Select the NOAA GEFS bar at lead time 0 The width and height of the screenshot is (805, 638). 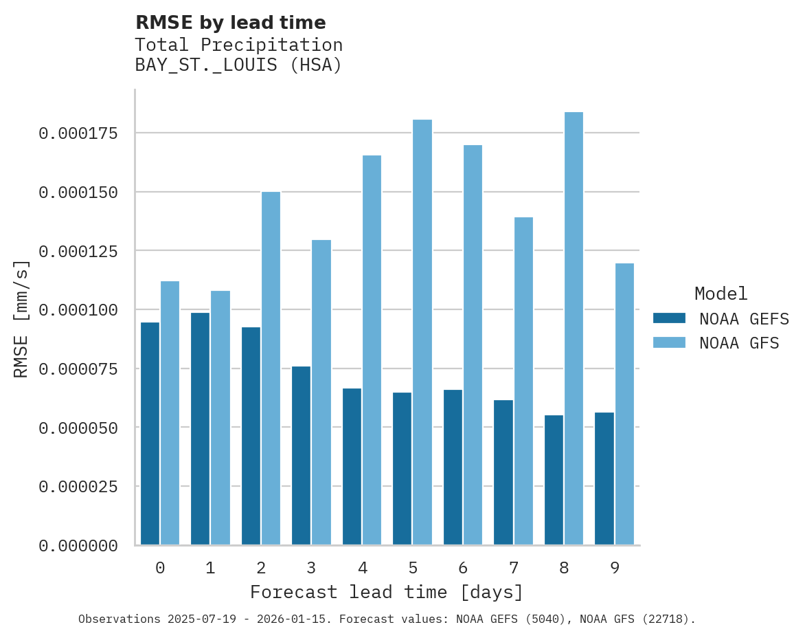pyautogui.click(x=150, y=433)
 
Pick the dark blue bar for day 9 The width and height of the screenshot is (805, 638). pyautogui.click(x=604, y=478)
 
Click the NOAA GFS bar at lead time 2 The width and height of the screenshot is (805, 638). pyautogui.click(x=271, y=368)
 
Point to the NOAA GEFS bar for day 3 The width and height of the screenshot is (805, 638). pyautogui.click(x=301, y=455)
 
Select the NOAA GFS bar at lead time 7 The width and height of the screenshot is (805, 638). pyautogui.click(x=523, y=381)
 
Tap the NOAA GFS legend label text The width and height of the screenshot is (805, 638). pyautogui.click(x=739, y=342)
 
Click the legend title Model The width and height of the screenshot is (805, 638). pyautogui.click(x=721, y=294)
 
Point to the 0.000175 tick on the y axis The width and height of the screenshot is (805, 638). pyautogui.click(x=78, y=133)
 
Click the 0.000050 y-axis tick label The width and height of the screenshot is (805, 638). pyautogui.click(x=78, y=428)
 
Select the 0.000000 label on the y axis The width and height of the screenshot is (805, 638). pyautogui.click(x=78, y=545)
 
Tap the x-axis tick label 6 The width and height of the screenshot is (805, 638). pyautogui.click(x=463, y=568)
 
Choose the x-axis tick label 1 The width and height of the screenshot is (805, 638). pyautogui.click(x=210, y=568)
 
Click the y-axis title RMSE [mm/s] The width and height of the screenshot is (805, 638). pyautogui.click(x=21, y=319)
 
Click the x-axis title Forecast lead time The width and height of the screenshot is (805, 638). pyautogui.click(x=386, y=592)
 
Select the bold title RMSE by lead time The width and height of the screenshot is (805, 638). pyautogui.click(x=230, y=23)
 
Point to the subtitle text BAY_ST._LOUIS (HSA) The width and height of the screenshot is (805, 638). pyautogui.click(x=238, y=65)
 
